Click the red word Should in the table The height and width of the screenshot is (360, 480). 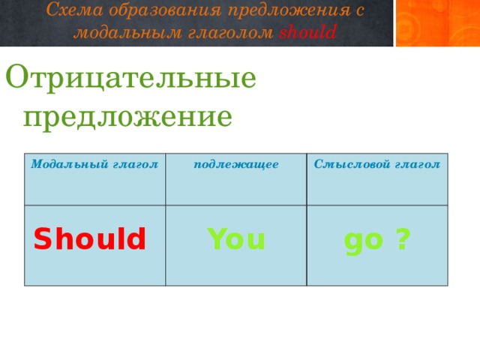click(89, 239)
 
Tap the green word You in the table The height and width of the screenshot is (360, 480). click(236, 239)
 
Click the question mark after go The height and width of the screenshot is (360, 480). click(403, 239)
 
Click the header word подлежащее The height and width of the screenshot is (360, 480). click(236, 163)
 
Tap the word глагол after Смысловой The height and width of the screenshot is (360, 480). click(417, 164)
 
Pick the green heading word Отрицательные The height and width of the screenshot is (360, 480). click(131, 79)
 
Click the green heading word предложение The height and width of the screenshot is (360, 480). click(127, 116)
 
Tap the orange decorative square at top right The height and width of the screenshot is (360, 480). click(437, 23)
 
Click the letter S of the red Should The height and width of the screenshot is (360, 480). click(42, 239)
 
